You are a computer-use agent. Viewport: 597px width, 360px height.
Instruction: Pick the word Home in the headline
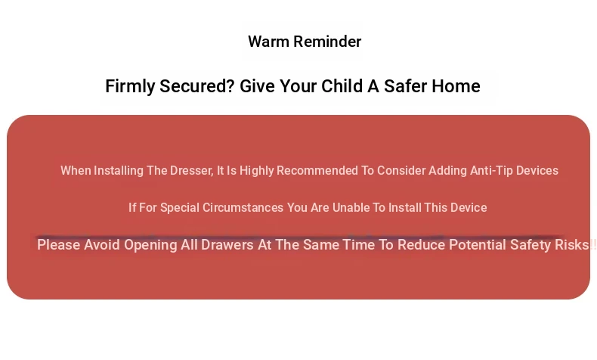pyautogui.click(x=456, y=86)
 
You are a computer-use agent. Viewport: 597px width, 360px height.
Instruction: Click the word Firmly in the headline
pyautogui.click(x=130, y=87)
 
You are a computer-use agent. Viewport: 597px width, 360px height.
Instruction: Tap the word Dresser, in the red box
pyautogui.click(x=191, y=171)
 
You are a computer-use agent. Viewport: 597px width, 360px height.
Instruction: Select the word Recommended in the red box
pyautogui.click(x=317, y=171)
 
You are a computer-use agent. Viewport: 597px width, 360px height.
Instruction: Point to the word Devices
pyautogui.click(x=537, y=171)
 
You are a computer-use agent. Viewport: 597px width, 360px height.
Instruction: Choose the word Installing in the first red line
pyautogui.click(x=119, y=171)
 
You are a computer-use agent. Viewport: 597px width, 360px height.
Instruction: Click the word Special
pyautogui.click(x=180, y=208)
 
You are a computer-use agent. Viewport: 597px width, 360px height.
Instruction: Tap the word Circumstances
pyautogui.click(x=243, y=208)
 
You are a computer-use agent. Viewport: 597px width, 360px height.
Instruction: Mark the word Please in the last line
pyautogui.click(x=59, y=244)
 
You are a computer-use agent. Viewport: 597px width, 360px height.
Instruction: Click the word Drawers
pyautogui.click(x=227, y=244)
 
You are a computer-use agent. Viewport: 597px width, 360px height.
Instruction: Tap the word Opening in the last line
pyautogui.click(x=150, y=245)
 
